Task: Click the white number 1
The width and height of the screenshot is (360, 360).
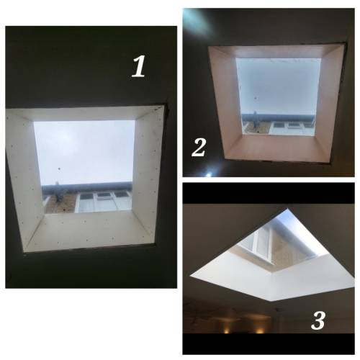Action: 139,66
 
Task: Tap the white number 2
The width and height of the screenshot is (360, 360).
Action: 199,147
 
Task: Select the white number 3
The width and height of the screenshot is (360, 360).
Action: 318,320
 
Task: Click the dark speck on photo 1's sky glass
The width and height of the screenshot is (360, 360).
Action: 59,169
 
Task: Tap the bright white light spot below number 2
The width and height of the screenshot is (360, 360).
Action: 209,174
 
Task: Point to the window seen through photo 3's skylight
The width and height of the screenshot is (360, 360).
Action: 258,245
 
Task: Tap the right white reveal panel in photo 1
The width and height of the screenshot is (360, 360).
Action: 146,173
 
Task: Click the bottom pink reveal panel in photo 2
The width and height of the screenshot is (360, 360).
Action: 276,148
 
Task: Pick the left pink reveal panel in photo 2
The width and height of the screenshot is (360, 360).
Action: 225,101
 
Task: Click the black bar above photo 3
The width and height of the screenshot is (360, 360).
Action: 269,194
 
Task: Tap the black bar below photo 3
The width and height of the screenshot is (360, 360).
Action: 269,343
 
